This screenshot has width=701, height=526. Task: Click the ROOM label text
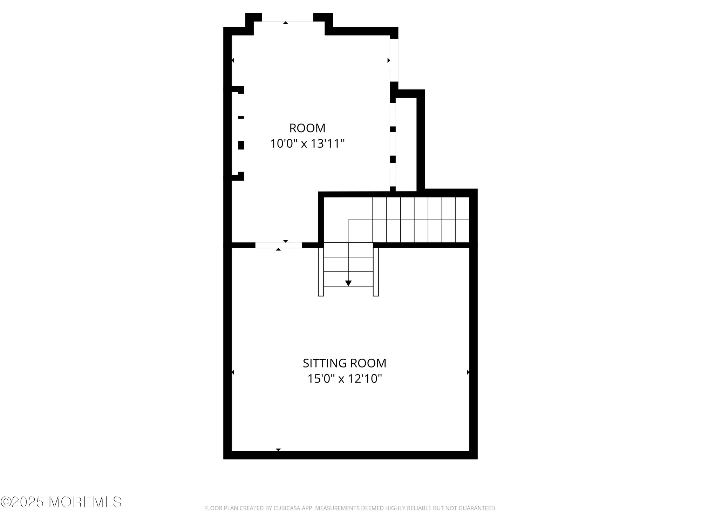coord(307,128)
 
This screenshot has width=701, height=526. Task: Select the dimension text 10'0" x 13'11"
coord(307,144)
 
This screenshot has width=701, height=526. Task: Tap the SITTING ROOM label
coord(345,363)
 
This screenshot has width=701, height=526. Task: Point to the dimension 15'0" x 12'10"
coord(345,379)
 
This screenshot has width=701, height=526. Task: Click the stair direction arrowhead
coord(348,283)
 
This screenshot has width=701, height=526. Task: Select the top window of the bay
coord(287,17)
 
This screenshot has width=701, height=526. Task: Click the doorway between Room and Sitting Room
coord(279,245)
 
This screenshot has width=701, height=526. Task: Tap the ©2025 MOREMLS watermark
coord(61,502)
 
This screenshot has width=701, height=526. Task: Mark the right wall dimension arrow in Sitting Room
coord(468,372)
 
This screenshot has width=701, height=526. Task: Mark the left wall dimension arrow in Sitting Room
coord(233,372)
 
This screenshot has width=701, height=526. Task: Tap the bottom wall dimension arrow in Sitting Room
coord(278,450)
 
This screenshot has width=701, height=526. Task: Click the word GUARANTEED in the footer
coord(478,508)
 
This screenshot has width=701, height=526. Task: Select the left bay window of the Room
coord(241,133)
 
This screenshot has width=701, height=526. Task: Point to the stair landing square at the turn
coord(360,231)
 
